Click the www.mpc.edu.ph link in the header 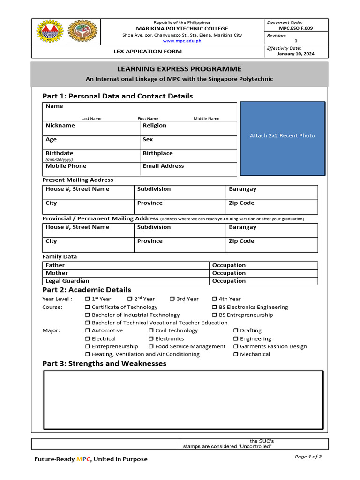coord(182,41)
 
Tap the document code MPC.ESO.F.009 coord(296,28)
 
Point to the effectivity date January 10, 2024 coord(296,54)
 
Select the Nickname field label coord(60,126)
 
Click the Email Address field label coord(163,166)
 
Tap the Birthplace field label coord(157,153)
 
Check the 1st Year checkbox coord(88,299)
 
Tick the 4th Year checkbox coord(214,299)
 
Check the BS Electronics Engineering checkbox coord(215,307)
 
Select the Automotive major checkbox coord(88,331)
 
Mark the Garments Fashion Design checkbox coord(236,347)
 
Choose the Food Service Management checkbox coord(151,347)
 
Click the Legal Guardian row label coord(67,281)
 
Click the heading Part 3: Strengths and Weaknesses coord(104,364)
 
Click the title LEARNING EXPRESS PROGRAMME coord(179,69)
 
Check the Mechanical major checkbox coord(236,355)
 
